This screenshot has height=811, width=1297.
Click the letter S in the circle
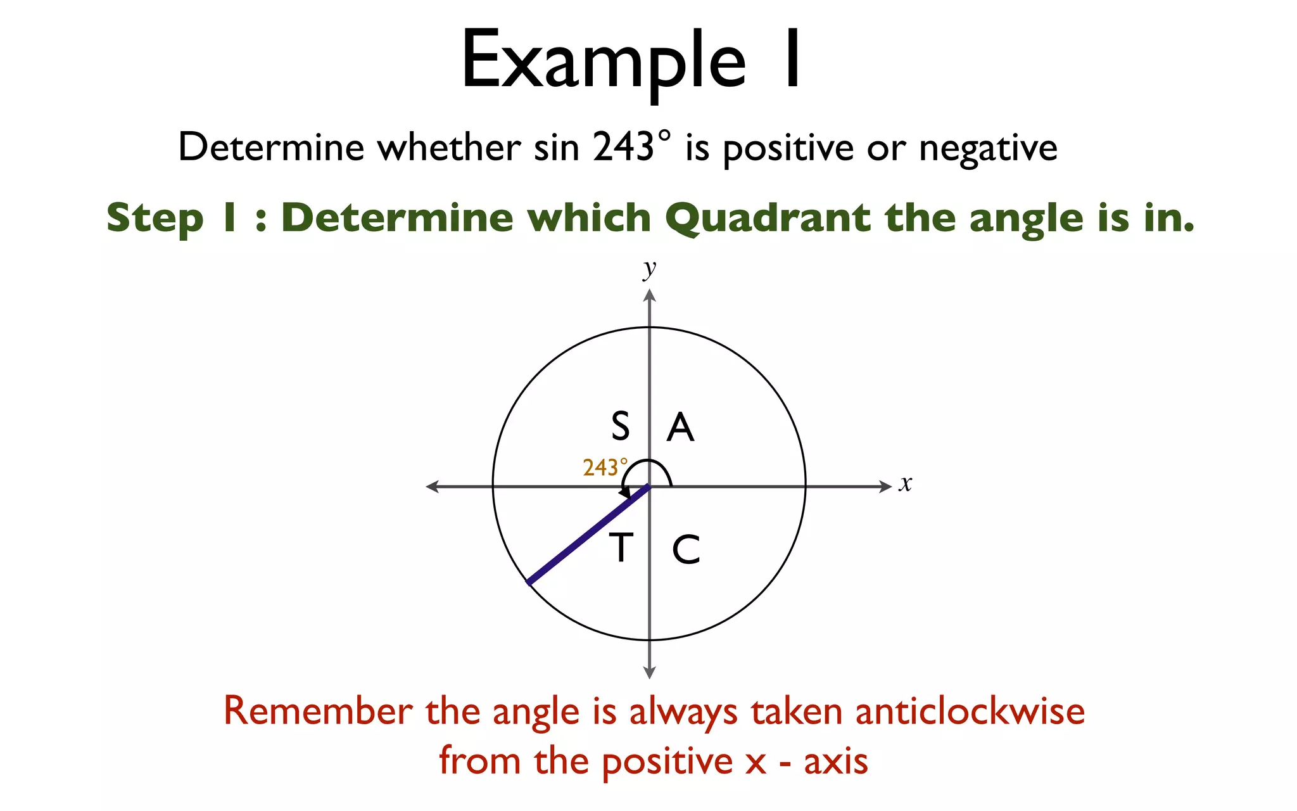[621, 426]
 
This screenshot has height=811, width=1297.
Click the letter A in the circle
[681, 427]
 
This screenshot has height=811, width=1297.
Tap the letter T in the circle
[621, 548]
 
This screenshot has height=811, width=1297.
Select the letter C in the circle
[686, 549]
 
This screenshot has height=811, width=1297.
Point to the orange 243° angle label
[605, 468]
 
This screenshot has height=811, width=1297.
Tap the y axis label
[649, 269]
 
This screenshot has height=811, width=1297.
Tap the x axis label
[906, 483]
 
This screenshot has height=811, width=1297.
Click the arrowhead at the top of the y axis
[649, 295]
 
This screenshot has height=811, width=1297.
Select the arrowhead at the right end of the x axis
[885, 487]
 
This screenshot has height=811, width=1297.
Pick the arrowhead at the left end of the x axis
[433, 487]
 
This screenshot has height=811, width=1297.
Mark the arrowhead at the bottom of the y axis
[649, 672]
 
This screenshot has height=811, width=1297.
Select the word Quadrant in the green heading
[768, 219]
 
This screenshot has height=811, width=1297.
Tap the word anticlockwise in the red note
[970, 711]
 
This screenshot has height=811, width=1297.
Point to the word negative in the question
[988, 148]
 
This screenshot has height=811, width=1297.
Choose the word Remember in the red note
[318, 711]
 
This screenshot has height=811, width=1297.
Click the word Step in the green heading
[155, 219]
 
